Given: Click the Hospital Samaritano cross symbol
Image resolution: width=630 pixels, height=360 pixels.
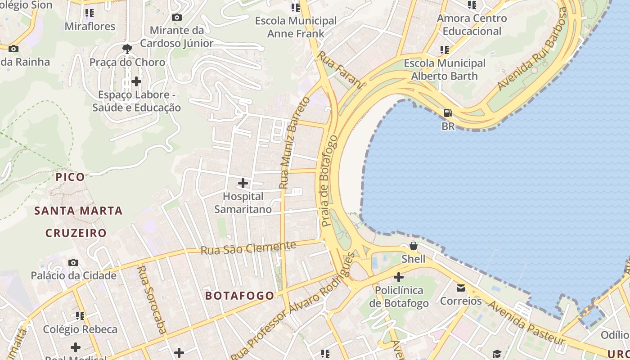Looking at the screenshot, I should click(243, 183).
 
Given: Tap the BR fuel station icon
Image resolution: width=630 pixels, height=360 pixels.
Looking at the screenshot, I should click(448, 113).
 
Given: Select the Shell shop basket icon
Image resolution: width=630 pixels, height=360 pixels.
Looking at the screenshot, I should click(413, 246).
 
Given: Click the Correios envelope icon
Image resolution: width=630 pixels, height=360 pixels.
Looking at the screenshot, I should click(461, 288).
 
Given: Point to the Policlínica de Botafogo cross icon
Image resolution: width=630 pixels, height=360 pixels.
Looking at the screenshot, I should click(399, 277).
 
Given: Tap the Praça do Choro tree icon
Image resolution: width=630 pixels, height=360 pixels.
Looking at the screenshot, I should click(127, 49).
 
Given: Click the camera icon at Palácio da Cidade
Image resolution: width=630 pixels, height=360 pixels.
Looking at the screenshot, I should click(73, 262).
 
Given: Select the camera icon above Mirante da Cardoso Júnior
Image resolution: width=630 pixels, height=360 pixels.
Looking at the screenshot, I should click(177, 17).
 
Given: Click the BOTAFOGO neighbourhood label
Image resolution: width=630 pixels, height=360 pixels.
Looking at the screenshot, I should click(239, 296).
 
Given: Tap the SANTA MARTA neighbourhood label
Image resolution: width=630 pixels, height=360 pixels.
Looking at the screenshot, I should click(79, 211).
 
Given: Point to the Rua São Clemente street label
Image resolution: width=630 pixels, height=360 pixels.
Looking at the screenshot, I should click(248, 247).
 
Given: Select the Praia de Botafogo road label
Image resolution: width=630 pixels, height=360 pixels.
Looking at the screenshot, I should click(329, 180).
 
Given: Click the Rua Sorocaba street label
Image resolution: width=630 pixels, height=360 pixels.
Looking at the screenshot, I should click(152, 299).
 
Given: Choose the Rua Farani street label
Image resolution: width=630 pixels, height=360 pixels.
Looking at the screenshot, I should click(340, 70).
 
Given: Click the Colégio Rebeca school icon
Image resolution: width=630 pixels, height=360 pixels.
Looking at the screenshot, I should click(80, 316).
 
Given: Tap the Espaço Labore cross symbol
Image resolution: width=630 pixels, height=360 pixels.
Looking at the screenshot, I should click(136, 81).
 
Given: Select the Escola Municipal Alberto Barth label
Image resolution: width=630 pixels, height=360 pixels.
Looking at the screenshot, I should click(445, 69).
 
